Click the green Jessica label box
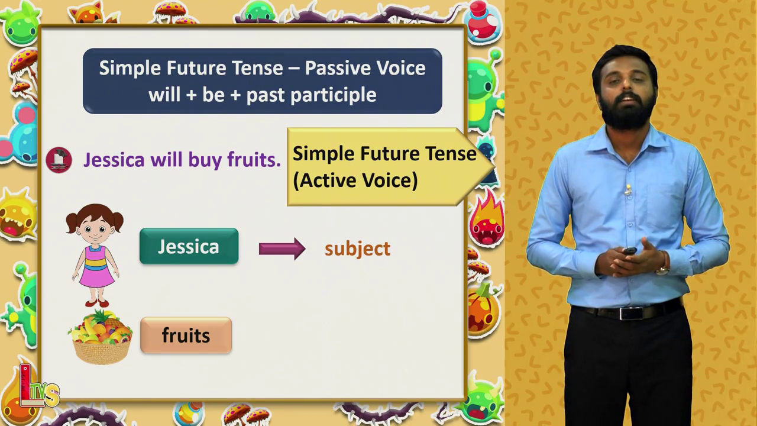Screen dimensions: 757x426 189,246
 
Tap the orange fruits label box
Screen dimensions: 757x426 186,335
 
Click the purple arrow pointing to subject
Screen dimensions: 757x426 282,249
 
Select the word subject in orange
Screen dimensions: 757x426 358,250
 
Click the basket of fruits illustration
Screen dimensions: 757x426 101,337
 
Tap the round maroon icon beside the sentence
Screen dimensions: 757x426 59,160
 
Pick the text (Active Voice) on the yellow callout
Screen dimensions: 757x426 355,180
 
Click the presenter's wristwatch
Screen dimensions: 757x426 664,269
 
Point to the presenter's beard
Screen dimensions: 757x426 627,112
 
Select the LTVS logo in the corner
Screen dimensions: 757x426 39,386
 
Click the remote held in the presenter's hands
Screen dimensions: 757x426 630,250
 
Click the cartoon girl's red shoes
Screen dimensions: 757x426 97,303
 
